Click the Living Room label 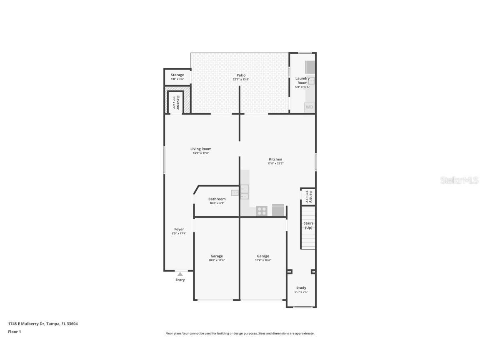tap(201, 149)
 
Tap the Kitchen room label tap(275, 159)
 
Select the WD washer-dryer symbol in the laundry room tap(310, 107)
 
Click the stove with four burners tap(262, 211)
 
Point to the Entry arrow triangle tap(180, 274)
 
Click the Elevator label tap(177, 102)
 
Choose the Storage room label tap(177, 75)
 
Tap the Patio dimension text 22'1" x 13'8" tap(241, 80)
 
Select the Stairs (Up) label tap(308, 225)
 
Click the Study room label tap(301, 288)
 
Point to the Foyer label tap(179, 229)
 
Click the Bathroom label tap(217, 199)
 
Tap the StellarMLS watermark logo tap(457, 180)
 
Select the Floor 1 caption tap(14, 332)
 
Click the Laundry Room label tap(302, 80)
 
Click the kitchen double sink tap(244, 192)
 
